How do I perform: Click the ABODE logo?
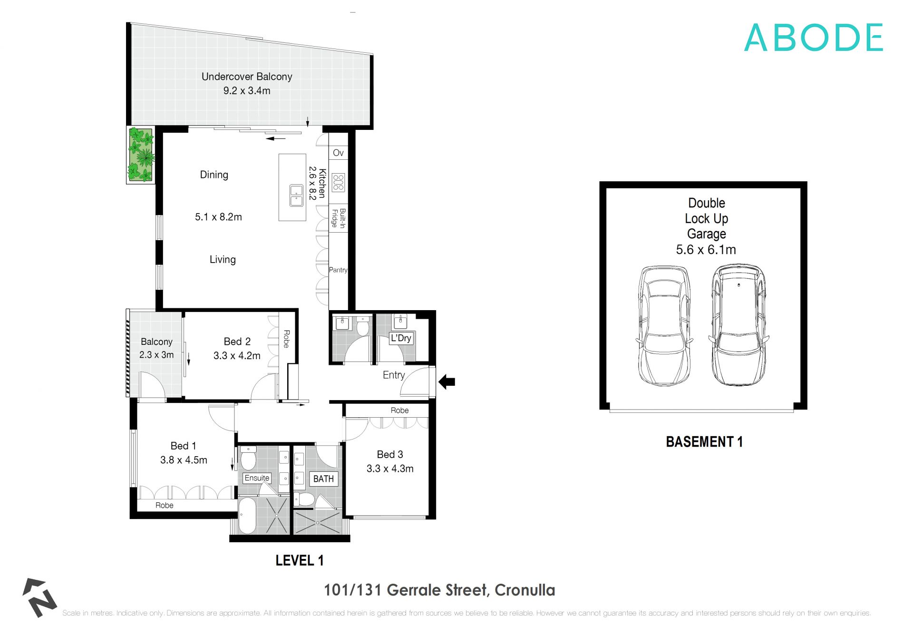813,38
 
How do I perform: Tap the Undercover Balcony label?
246,77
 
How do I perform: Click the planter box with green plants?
141,155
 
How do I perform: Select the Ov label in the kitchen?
338,153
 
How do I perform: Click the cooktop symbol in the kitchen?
338,182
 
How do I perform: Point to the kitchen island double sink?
296,196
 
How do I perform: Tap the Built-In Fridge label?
339,218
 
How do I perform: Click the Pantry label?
338,270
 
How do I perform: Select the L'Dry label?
401,338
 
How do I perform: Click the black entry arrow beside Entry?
447,381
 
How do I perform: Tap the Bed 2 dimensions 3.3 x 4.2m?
237,355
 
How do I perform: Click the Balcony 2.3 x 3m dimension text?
156,354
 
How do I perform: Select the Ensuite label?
257,478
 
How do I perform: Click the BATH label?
323,479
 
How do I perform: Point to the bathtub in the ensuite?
247,516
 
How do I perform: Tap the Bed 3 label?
389,454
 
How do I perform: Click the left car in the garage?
664,325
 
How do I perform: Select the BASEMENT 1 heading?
704,442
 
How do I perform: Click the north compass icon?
39,597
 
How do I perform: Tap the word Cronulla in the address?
524,590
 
